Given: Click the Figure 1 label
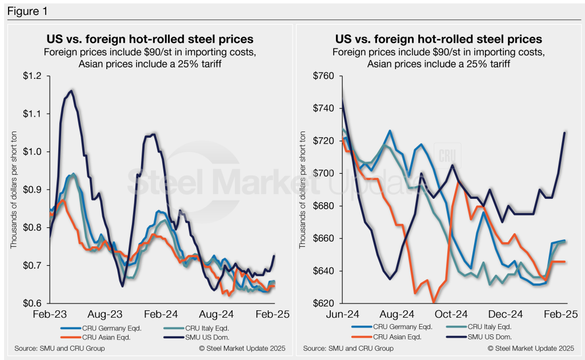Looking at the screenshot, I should (x=25, y=10).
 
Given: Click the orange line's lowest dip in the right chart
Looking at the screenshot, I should (x=434, y=302).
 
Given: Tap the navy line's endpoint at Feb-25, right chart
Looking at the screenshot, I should (x=564, y=133).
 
